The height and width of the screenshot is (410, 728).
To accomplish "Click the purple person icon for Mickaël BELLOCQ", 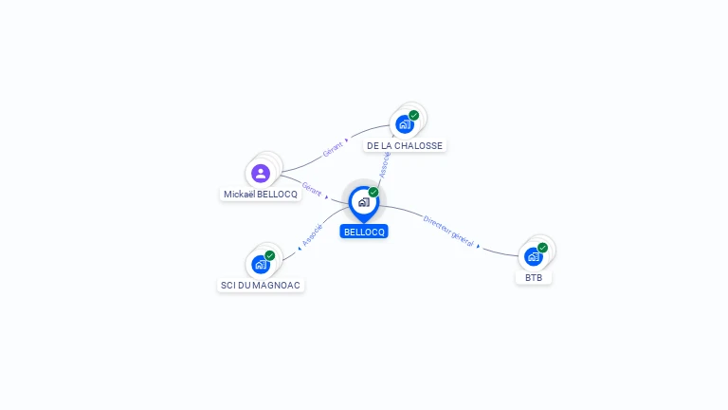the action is [261, 174].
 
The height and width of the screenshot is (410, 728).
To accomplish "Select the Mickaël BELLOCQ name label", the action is [261, 195].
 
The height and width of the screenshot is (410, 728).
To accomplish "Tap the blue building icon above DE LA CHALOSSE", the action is [405, 124].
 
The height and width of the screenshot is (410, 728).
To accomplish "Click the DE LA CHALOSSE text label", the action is [405, 146].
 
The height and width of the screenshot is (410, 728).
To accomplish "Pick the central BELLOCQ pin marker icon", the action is [364, 204].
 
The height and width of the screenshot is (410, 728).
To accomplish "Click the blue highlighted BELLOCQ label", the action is [364, 232].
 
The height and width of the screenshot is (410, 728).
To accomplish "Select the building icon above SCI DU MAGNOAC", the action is [261, 265].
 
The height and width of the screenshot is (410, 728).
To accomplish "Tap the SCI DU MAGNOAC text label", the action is [261, 286].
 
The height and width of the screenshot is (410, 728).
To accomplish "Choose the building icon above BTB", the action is [534, 256].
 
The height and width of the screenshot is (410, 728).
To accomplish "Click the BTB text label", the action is [534, 278].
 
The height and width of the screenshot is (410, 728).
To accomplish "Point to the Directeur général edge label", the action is [448, 232].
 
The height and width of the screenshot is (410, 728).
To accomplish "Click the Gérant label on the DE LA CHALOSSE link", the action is [333, 149].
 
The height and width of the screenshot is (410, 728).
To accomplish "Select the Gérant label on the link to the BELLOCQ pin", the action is [312, 189].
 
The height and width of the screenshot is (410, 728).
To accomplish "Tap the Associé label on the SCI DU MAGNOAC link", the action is [312, 235].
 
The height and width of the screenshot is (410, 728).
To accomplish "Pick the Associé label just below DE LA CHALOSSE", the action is [385, 165].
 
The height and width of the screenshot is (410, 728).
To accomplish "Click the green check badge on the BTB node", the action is [542, 248].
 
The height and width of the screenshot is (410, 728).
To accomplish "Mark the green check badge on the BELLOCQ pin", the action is [373, 193].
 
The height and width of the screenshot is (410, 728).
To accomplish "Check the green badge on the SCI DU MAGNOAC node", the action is [270, 255].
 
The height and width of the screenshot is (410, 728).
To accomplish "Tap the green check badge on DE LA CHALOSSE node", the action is [413, 115].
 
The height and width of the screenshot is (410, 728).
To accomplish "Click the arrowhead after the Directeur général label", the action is [478, 247].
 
